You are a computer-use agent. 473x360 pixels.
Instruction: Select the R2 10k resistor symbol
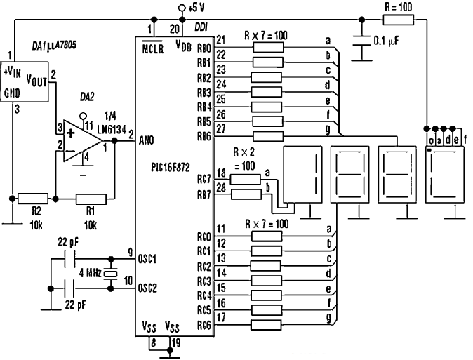click(x=32, y=199)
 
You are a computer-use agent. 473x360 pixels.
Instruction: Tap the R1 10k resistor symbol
click(x=91, y=199)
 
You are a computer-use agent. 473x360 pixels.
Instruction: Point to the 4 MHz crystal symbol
click(x=109, y=273)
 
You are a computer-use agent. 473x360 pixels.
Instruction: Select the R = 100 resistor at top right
click(x=399, y=20)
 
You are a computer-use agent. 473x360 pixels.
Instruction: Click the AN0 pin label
click(x=147, y=140)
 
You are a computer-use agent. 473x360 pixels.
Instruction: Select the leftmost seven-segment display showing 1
click(x=303, y=173)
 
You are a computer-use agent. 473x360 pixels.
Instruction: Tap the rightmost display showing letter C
click(x=444, y=173)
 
